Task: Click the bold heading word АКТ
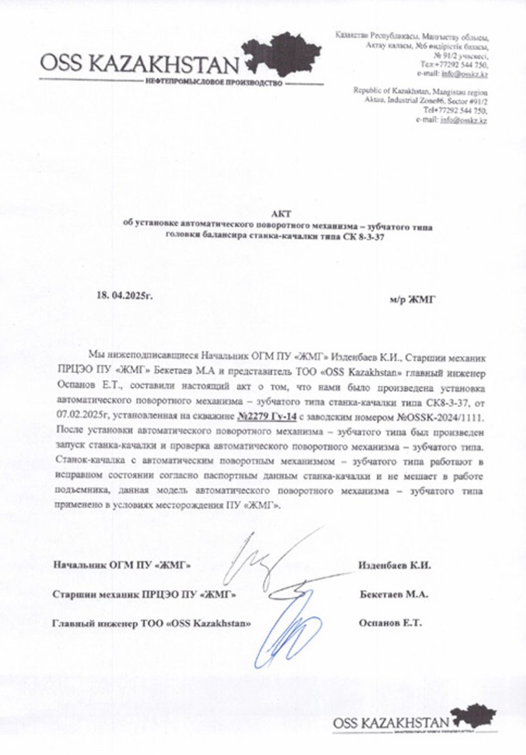[x=277, y=214]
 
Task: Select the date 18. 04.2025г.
[x=125, y=294]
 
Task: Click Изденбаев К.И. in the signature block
[x=394, y=565]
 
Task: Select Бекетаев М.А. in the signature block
[x=394, y=594]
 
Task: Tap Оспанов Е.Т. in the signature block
[x=391, y=623]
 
